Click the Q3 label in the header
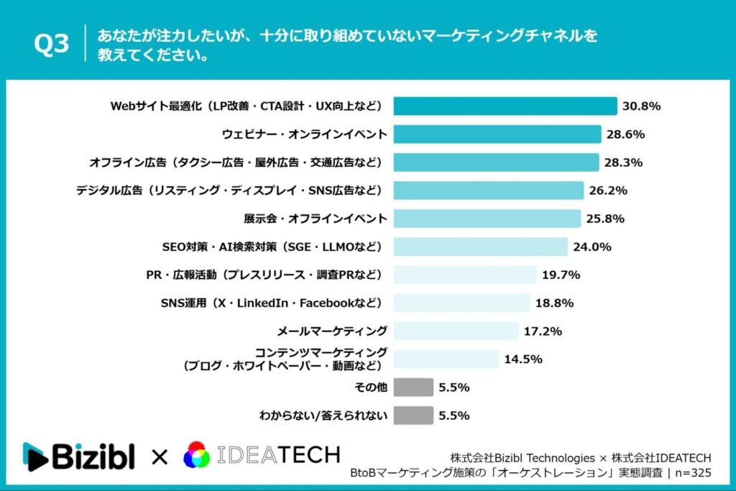click(52, 45)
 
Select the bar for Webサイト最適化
click(505, 106)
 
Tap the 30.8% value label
click(642, 106)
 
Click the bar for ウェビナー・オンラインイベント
click(497, 134)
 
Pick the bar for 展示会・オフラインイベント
click(487, 219)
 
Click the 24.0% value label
click(592, 247)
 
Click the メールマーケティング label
click(332, 331)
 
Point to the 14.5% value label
click(523, 359)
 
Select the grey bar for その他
click(413, 387)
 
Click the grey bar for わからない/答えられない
click(413, 416)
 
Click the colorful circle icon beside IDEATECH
click(197, 456)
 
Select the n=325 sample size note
click(691, 473)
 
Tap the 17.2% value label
click(543, 331)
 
